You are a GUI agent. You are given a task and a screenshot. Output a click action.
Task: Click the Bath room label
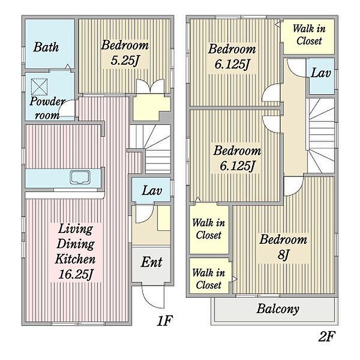[46, 47]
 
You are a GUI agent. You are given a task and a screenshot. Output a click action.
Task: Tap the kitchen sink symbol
[80, 177]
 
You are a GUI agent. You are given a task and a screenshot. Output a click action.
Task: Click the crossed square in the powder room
[39, 86]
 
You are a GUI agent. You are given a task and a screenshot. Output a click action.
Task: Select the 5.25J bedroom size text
[125, 61]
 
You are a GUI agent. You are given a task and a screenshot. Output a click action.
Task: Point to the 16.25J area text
[76, 274]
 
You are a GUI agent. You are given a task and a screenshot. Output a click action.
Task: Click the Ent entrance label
[151, 262]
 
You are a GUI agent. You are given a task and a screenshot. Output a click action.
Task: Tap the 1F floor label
[164, 320]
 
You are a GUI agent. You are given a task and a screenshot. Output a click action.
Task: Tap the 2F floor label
[327, 336]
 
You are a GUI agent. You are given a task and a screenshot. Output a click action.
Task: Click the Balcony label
[278, 309]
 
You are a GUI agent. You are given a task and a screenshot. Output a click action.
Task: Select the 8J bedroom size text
[283, 255]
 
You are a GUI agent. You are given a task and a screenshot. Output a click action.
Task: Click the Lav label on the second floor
[321, 73]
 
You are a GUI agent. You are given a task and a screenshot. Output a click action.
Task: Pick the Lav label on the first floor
[152, 191]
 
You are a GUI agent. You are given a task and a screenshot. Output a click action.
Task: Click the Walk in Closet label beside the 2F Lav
[309, 35]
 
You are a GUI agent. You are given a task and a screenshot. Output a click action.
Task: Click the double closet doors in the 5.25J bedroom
[150, 86]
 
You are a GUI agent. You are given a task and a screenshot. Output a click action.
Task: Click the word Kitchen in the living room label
[75, 259]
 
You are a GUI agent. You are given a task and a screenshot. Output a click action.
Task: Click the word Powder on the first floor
[47, 101]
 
